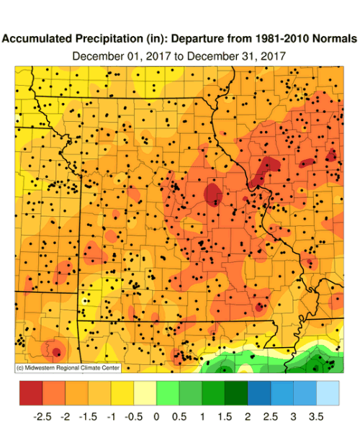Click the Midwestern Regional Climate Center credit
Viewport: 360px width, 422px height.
point(67,368)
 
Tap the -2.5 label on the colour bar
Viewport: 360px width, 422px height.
point(41,415)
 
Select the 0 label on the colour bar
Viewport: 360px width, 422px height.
point(156,415)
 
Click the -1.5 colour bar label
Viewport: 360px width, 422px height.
point(87,415)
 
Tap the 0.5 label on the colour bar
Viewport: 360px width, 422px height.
point(179,415)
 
